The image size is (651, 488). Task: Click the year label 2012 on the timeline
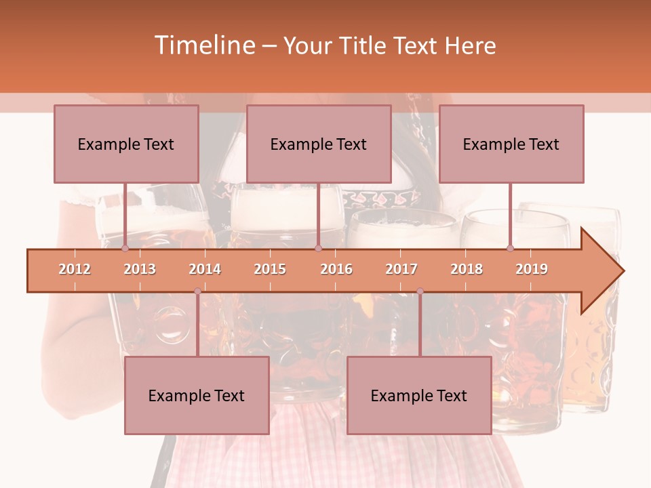(75, 269)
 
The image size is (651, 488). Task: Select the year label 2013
(140, 269)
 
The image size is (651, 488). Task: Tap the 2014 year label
(205, 269)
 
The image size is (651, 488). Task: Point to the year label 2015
(270, 269)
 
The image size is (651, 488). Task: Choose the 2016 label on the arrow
(336, 269)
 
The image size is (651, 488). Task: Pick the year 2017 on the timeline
(401, 269)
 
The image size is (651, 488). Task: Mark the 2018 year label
(467, 269)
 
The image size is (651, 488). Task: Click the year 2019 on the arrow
(532, 269)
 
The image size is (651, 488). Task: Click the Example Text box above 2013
(126, 144)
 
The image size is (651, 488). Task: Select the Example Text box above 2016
(319, 144)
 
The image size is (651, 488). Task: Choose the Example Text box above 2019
(511, 144)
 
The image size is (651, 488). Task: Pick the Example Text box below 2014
(197, 395)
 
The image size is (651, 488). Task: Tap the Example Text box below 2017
(419, 395)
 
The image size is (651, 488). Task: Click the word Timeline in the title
(203, 45)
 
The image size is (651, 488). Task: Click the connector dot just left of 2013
(125, 249)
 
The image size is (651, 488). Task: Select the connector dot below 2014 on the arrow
(197, 291)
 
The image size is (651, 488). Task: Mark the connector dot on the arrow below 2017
(420, 291)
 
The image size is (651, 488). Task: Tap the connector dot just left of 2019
(510, 249)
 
